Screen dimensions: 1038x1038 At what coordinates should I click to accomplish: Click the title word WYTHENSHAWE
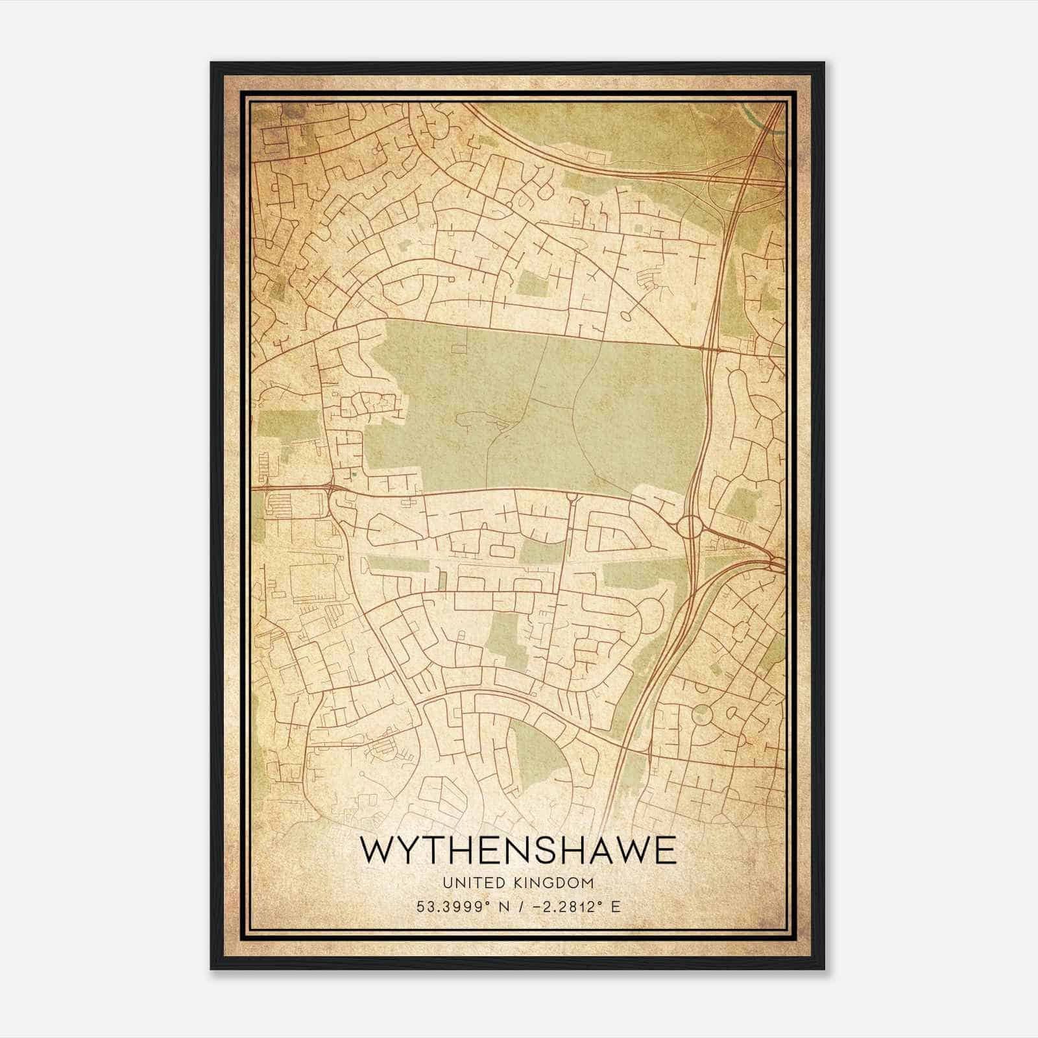tap(518, 851)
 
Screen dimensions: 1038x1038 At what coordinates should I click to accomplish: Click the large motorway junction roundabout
tap(690, 523)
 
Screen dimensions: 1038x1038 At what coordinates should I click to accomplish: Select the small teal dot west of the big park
tap(354, 475)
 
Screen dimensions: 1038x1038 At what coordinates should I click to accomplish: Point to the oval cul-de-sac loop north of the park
tap(627, 316)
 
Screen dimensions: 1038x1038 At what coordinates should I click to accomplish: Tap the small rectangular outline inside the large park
tap(459, 349)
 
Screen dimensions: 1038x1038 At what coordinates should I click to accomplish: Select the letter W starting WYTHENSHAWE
tap(374, 851)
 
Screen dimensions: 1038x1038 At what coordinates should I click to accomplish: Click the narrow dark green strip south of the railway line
tap(397, 563)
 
